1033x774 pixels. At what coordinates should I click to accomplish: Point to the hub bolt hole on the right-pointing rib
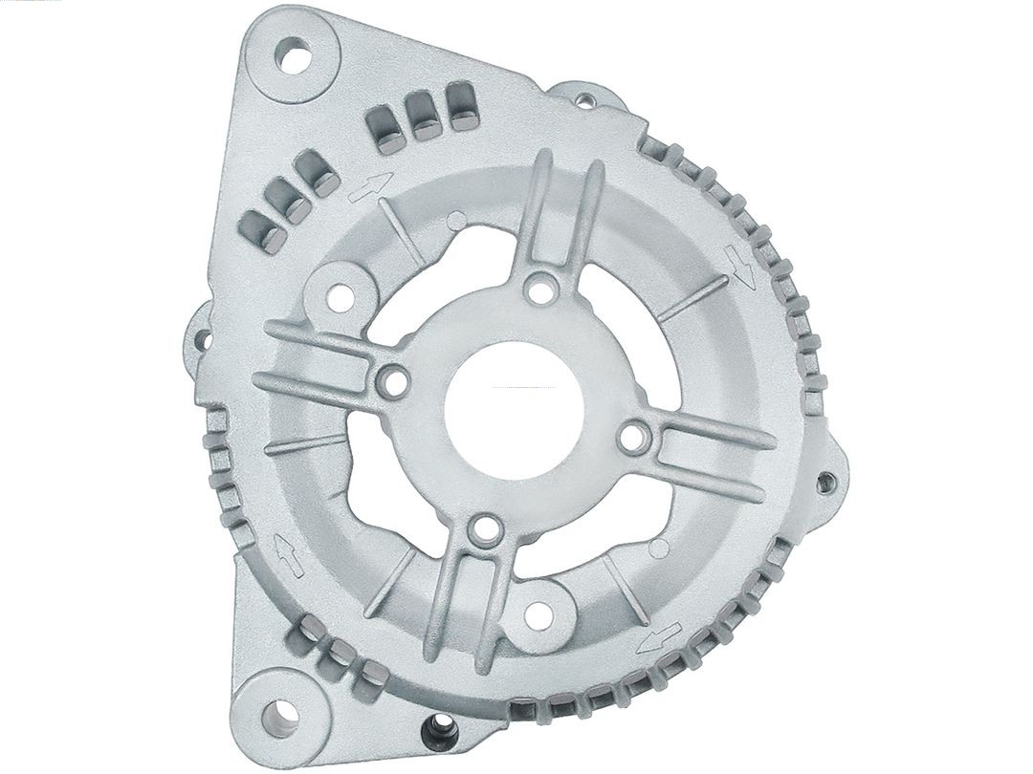[632, 438]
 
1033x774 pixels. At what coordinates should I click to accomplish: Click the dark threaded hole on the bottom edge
[434, 736]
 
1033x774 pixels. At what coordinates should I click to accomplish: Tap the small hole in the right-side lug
[824, 480]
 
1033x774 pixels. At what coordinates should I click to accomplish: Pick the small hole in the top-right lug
[583, 98]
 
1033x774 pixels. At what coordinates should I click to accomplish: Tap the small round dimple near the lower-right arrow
[658, 548]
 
